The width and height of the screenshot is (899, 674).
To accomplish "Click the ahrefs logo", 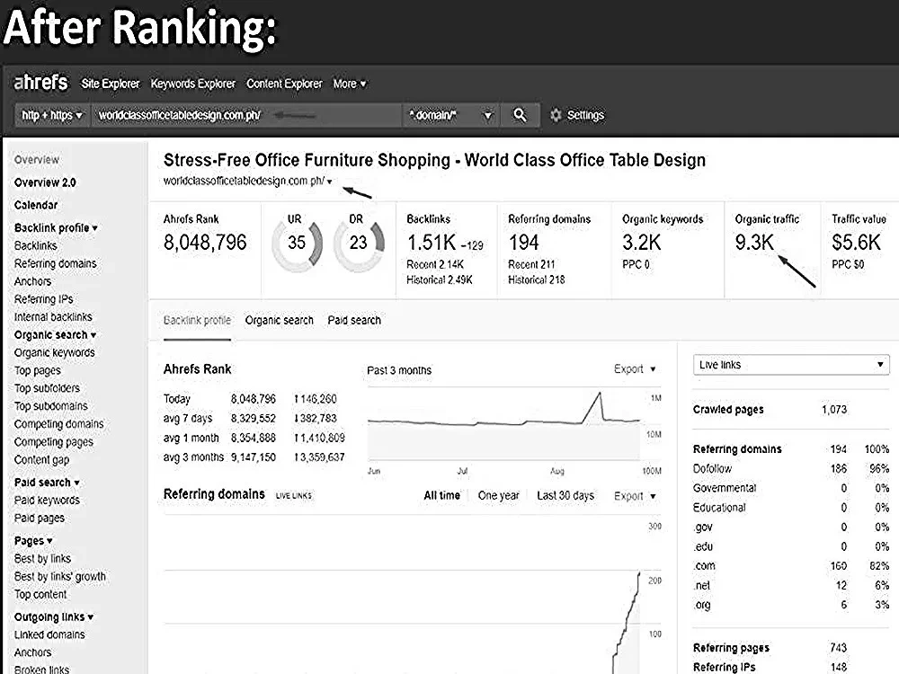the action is click(x=40, y=83).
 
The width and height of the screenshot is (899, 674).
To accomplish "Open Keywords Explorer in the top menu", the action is click(x=192, y=84).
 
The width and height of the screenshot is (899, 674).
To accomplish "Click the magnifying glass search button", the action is click(x=520, y=115).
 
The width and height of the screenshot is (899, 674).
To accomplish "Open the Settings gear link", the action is click(x=577, y=115).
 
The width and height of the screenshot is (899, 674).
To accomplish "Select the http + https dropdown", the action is click(x=52, y=115).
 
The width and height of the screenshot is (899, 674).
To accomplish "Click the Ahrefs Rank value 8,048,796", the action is click(x=205, y=243).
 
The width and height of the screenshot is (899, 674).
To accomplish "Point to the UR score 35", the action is click(x=297, y=243).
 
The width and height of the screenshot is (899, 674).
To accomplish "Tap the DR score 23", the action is click(x=359, y=243).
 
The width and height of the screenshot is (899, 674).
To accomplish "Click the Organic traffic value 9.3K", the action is click(x=754, y=243).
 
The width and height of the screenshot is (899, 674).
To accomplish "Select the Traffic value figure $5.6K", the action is click(x=856, y=243).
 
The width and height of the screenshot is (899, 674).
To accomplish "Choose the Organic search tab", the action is click(x=280, y=321).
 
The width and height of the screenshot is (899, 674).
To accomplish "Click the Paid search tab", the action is click(x=354, y=321).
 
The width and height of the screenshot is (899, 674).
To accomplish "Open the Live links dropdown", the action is click(x=791, y=365).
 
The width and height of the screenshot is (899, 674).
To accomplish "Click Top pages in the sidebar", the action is click(x=37, y=371).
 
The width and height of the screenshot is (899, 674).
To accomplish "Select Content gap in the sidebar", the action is click(x=41, y=459).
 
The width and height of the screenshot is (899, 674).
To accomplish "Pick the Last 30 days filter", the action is click(x=565, y=495).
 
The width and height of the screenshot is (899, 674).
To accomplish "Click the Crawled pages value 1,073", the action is click(x=833, y=410).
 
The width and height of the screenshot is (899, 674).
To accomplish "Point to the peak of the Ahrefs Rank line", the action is click(x=600, y=393).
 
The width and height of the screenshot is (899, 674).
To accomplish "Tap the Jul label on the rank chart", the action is click(x=462, y=471).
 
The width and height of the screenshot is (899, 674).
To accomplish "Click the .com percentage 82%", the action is click(x=879, y=565).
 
